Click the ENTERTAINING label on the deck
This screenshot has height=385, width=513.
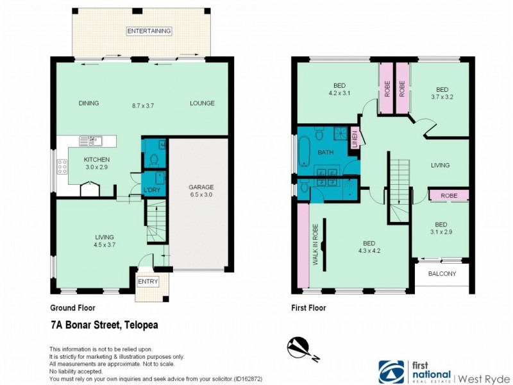coord(149,31)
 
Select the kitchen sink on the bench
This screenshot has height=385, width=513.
coord(90,141)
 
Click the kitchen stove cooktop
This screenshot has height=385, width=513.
coord(63,167)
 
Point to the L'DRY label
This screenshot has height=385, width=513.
coord(151,191)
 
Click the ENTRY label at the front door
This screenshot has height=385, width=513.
coord(147,282)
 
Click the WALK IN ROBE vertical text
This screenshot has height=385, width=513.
coord(315,244)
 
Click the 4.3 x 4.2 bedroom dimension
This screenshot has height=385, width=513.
coord(369,252)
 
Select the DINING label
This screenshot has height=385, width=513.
coord(88,103)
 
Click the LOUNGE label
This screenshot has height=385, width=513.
coord(202,103)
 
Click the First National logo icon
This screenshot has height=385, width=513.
coord(392,372)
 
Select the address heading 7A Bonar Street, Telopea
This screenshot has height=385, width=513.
coord(104,325)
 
